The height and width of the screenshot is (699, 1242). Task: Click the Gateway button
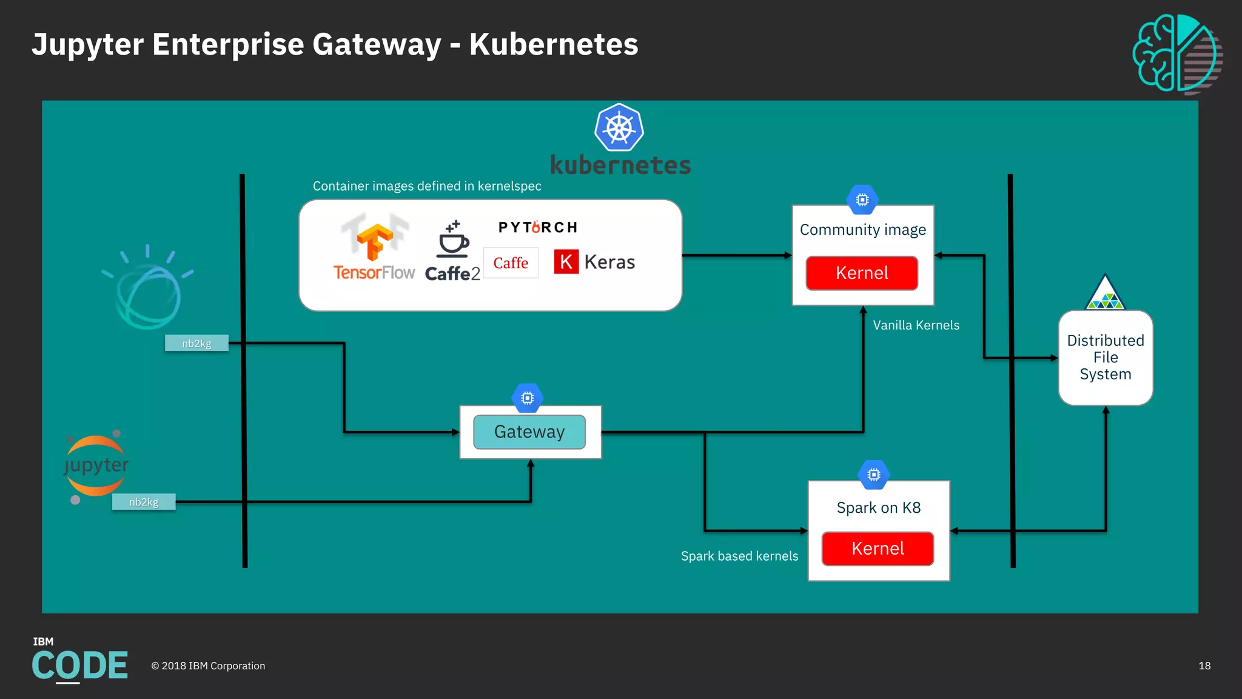coord(529,432)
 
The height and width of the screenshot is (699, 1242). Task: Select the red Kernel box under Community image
coord(861,273)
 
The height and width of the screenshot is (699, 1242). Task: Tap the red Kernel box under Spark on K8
coord(877,549)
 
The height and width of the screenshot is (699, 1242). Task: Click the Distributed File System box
coord(1105,357)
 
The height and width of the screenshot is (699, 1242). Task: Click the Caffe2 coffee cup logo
coord(453,240)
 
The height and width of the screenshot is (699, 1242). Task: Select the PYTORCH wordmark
coord(538,228)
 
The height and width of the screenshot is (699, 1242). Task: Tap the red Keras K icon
coord(566,262)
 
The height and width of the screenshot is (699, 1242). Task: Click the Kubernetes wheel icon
coord(619,128)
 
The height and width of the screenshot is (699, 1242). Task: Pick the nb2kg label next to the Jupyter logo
coord(144,502)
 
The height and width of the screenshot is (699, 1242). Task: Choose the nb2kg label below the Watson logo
coord(196,343)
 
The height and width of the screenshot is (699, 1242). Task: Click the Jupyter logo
coord(96,466)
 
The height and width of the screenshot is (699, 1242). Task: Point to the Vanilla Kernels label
coord(916,325)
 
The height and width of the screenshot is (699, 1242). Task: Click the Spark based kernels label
coord(739,556)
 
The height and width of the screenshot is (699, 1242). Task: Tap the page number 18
coord(1204,666)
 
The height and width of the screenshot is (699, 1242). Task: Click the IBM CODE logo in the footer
coord(79,661)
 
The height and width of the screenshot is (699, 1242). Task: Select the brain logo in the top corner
coord(1177,53)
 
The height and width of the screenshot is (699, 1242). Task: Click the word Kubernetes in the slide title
coord(553,44)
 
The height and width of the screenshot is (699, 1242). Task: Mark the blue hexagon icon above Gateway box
coord(527,398)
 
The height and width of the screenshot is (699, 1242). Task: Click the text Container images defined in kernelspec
coord(427,186)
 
